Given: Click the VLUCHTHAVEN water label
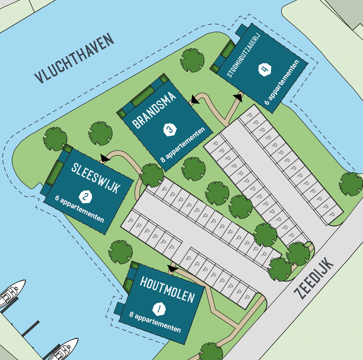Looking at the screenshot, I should coord(74,59).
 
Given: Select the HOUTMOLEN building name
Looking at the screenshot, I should coord(167,290).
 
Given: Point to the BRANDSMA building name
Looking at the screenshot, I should coord(154,110).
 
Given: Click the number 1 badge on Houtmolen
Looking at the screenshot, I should coord(159,309).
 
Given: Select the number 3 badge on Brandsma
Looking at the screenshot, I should coord(170,130).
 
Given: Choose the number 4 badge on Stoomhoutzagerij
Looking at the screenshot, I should coord(265,69).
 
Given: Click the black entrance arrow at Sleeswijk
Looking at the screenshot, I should coord(105,158).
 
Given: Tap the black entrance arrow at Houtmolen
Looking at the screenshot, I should coord(172,269).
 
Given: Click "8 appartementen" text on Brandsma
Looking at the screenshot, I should coord(183,145).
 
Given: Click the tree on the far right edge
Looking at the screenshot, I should coord(351,184).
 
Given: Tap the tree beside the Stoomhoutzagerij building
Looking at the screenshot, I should coord(192,60).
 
